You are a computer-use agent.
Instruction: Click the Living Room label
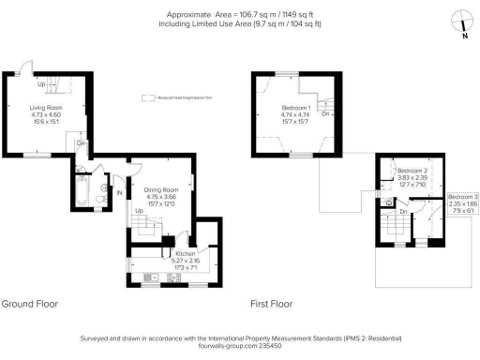point(38,109)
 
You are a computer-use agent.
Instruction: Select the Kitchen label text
point(186,254)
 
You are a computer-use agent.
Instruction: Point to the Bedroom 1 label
point(296,108)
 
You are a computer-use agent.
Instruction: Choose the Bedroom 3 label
point(459,196)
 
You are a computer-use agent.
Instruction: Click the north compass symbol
point(458,20)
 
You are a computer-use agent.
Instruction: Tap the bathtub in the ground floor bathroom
point(79,193)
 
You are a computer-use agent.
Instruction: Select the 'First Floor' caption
point(271,304)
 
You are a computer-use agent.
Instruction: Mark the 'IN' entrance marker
point(121,193)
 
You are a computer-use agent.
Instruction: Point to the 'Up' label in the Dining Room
point(139,212)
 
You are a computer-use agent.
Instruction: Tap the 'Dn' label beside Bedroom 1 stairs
point(325,114)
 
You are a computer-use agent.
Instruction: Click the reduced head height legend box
point(147,97)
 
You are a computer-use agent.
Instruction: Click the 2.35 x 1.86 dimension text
point(459,204)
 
